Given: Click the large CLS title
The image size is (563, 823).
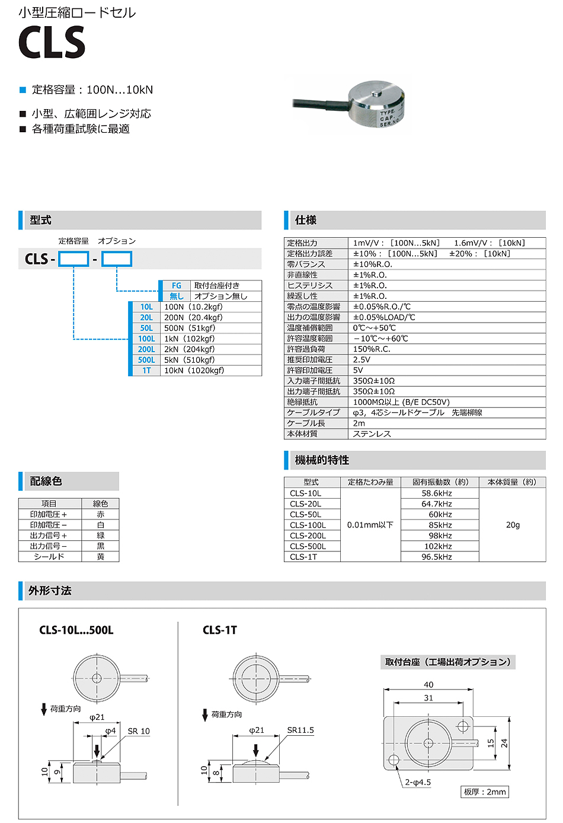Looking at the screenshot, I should (52, 43).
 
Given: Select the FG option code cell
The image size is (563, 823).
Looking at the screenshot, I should (176, 286).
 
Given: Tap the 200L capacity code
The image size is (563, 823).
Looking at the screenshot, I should (146, 350).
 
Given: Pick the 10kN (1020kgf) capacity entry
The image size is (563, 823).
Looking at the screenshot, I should (194, 371).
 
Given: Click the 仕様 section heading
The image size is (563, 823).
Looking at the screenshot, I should (306, 220).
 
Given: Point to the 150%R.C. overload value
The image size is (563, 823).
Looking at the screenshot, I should (372, 349).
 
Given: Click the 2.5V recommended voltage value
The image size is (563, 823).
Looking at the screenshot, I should (362, 360).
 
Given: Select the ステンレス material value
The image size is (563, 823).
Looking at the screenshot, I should (372, 434).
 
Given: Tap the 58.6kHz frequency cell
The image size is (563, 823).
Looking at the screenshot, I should (437, 493).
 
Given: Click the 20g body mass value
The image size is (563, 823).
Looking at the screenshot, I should (513, 525).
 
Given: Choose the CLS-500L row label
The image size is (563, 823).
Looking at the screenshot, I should (308, 546).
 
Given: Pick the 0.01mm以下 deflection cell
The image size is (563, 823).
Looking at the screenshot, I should (370, 525).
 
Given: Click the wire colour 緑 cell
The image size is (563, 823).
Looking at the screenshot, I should (101, 535).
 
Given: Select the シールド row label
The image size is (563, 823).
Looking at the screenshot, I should (49, 557).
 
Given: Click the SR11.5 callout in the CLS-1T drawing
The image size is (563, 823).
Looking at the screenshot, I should (300, 731).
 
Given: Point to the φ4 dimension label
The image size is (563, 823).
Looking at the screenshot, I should (111, 731).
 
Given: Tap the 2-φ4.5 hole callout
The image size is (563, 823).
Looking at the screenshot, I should (418, 783).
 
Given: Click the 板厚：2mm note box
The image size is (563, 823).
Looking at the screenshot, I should (485, 792).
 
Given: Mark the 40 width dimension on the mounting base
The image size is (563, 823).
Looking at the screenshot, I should (428, 684).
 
